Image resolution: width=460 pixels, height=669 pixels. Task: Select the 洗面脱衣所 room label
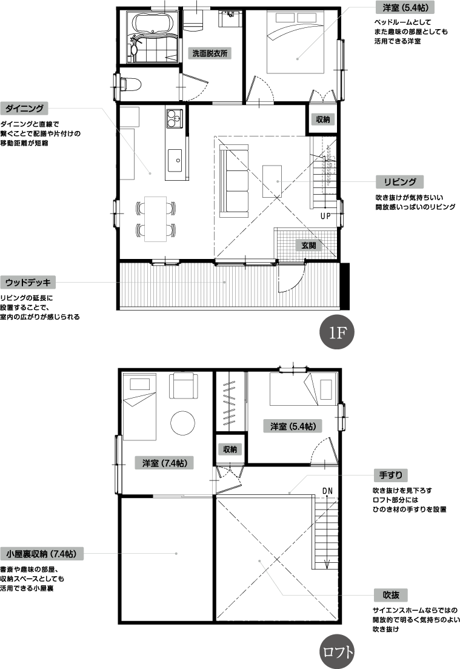pyautogui.click(x=210, y=53)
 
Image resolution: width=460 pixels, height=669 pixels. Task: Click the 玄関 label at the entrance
pyautogui.click(x=308, y=245)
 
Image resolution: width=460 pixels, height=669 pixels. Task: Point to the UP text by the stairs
pyautogui.click(x=325, y=216)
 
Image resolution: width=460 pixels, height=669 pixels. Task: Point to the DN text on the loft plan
pyautogui.click(x=327, y=491)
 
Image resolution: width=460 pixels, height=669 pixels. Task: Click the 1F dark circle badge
pyautogui.click(x=337, y=333)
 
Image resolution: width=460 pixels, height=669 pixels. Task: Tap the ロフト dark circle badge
pyautogui.click(x=337, y=651)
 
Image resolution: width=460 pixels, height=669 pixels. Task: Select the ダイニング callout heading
pyautogui.click(x=24, y=109)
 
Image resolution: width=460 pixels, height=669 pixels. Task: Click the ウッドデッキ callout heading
pyautogui.click(x=28, y=283)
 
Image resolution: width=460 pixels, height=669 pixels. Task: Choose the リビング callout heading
pyautogui.click(x=400, y=182)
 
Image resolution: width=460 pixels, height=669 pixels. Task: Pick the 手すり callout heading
pyautogui.click(x=390, y=475)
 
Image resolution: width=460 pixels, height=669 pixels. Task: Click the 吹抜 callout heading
pyautogui.click(x=390, y=595)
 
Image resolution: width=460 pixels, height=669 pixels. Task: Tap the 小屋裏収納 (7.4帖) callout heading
pyautogui.click(x=42, y=554)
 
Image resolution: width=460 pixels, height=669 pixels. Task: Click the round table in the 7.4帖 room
pyautogui.click(x=183, y=423)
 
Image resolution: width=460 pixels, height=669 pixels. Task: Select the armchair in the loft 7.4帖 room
pyautogui.click(x=183, y=386)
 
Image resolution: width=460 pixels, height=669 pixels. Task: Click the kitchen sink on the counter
pyautogui.click(x=175, y=160)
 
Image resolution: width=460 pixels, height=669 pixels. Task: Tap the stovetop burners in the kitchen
pyautogui.click(x=174, y=118)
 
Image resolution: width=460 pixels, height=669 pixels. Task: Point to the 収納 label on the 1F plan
pyautogui.click(x=322, y=119)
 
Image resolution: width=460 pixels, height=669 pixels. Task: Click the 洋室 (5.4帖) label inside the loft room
pyautogui.click(x=293, y=426)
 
